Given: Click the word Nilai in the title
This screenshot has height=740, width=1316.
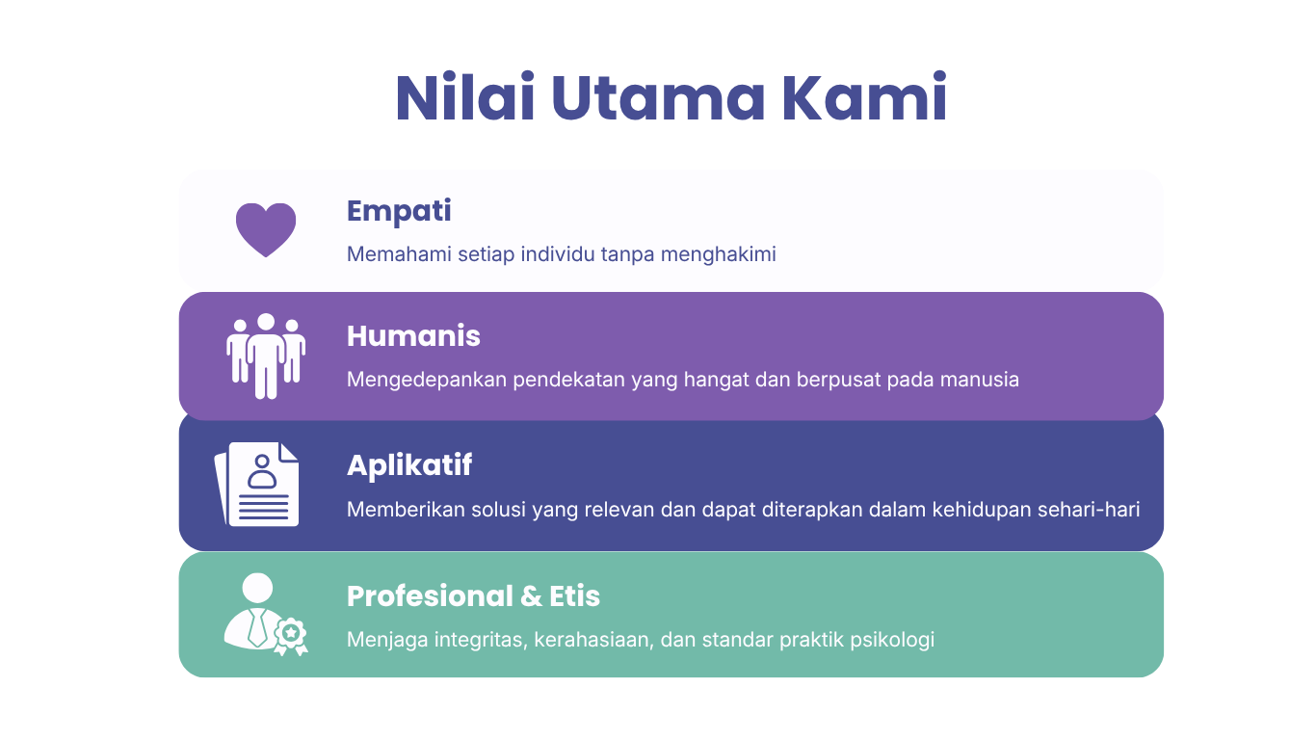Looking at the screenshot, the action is coord(465,97).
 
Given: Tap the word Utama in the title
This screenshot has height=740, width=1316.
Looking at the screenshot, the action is coord(658,98).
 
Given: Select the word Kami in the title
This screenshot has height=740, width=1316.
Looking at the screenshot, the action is coord(864,97).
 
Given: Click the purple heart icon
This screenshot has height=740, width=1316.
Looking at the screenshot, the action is coord(266,230).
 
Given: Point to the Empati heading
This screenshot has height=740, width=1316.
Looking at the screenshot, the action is coord(399,212).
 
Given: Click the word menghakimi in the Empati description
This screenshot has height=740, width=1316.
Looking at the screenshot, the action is coord(718,254).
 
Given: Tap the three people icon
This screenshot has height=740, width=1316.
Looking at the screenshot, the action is coord(266,357).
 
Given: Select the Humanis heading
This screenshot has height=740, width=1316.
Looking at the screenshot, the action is coord(413,336).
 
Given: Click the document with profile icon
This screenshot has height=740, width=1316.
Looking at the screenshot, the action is coord(256,485).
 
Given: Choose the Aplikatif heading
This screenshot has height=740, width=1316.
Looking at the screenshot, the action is coord(409,466).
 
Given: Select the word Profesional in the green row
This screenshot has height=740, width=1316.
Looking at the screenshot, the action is coord(430,596).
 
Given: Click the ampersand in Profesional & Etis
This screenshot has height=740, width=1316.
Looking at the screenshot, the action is coord(531,596).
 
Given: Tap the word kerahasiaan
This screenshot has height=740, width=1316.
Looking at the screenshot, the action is coord(594,640).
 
